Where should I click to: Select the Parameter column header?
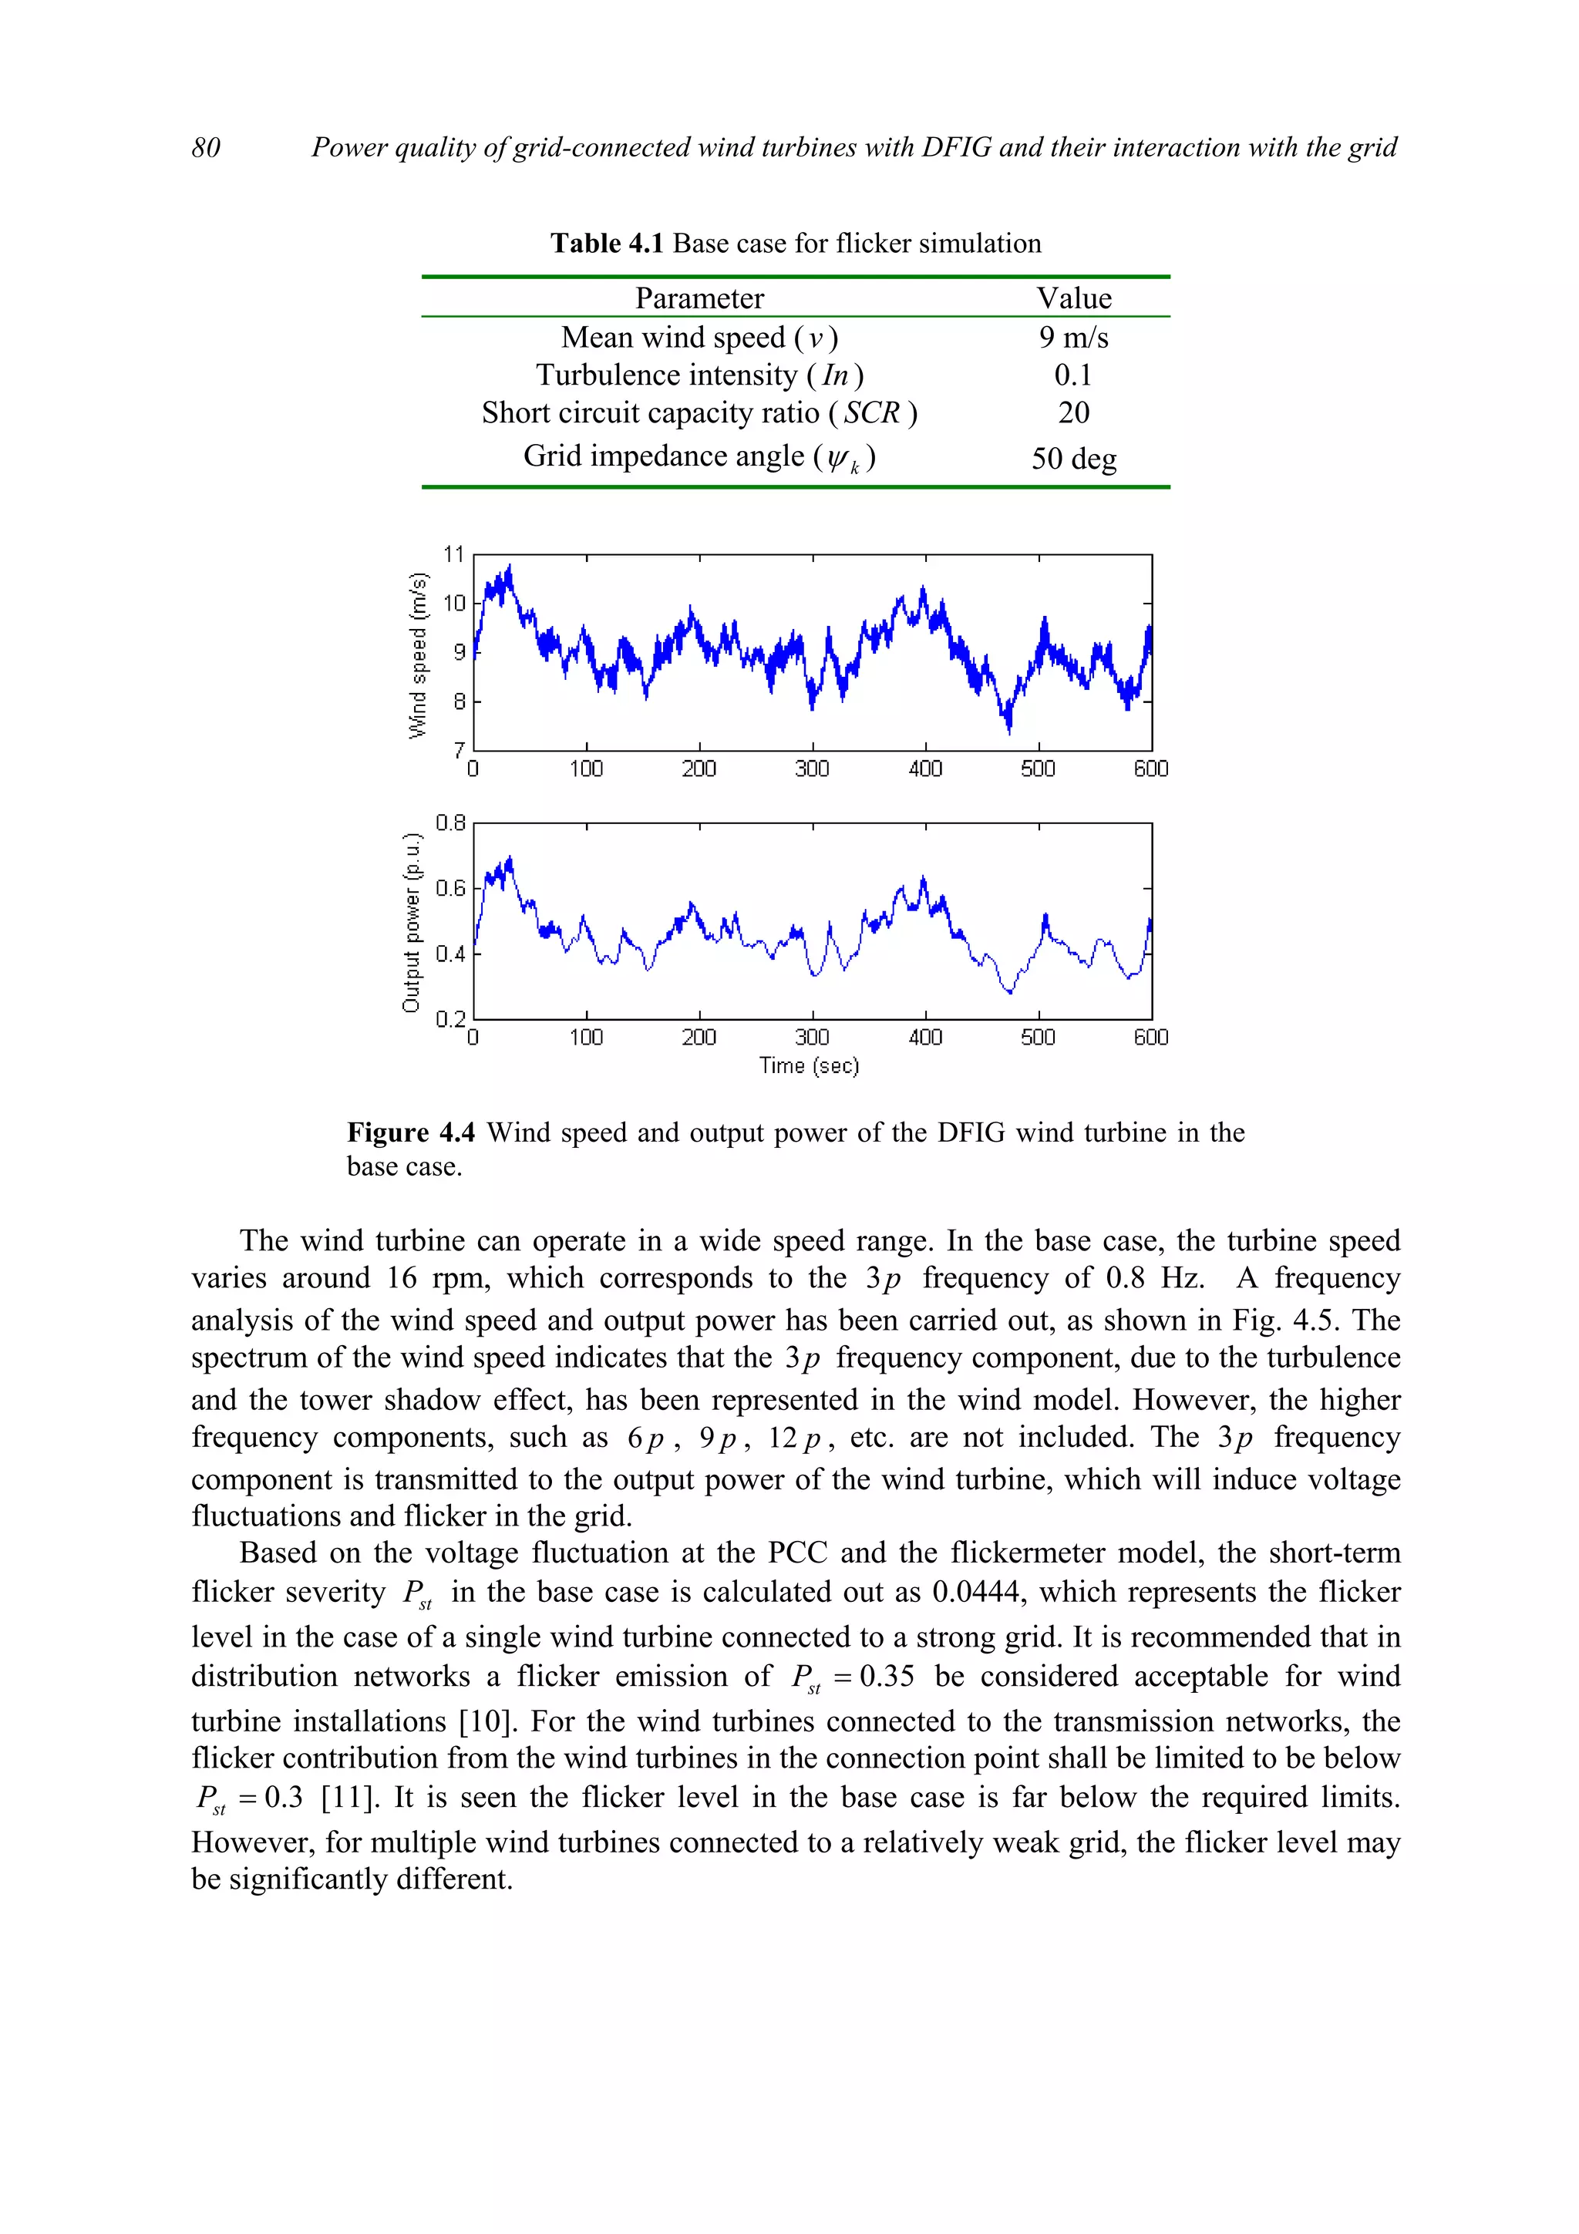click(699, 298)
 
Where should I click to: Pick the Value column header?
click(1073, 298)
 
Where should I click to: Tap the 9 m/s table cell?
click(1073, 337)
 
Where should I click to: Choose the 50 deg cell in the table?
click(1073, 457)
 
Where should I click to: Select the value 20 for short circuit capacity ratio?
click(1073, 412)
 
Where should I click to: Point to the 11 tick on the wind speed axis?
click(453, 553)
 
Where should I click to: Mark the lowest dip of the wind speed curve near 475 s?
click(1009, 728)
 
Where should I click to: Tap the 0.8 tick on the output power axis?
click(450, 823)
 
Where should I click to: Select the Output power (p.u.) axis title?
click(412, 923)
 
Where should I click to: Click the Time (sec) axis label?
click(809, 1065)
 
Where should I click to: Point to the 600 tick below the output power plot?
click(1150, 1038)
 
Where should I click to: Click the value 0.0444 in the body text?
click(977, 1592)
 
